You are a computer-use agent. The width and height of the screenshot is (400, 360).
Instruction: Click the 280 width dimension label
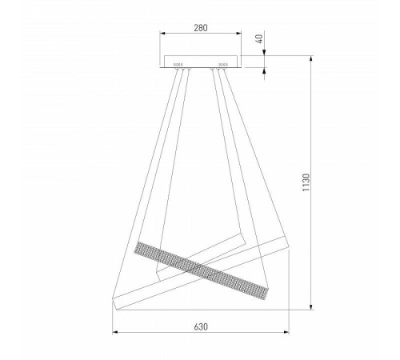click(201, 28)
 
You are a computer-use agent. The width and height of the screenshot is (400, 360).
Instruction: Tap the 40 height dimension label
click(259, 38)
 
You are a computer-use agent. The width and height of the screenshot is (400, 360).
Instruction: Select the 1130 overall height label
click(306, 182)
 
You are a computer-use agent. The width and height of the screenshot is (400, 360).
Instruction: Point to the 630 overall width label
click(201, 326)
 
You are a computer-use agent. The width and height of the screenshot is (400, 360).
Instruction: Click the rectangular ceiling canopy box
click(201, 62)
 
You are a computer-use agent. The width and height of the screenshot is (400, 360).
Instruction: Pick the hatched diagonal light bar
click(201, 270)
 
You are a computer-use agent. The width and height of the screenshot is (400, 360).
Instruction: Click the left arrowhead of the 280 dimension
click(162, 33)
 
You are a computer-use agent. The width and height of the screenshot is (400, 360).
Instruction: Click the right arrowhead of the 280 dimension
click(238, 33)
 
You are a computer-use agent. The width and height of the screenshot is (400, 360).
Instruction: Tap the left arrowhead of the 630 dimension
click(115, 332)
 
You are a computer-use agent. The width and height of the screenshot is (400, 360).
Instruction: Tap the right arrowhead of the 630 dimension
click(286, 332)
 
